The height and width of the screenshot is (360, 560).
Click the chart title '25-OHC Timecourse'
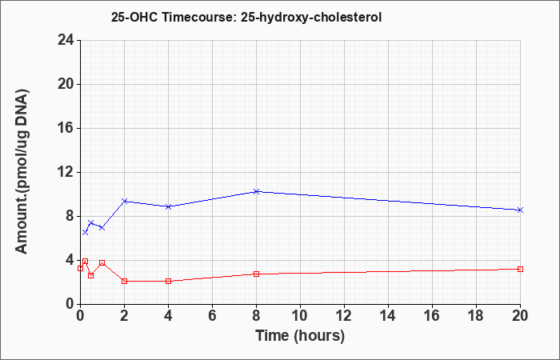click(172, 17)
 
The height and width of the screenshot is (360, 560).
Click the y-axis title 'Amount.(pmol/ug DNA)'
click(22, 171)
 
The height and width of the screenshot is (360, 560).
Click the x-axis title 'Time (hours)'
click(300, 336)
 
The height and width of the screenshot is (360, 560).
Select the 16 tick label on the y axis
click(66, 128)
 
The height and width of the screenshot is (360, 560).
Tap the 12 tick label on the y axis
click(66, 172)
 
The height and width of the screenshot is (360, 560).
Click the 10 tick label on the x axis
click(300, 316)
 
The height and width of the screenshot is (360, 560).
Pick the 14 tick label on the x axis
click(388, 316)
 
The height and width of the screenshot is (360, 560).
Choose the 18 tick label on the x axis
click(476, 316)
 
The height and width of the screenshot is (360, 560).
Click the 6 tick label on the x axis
click(212, 316)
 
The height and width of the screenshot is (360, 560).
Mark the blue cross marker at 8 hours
click(256, 191)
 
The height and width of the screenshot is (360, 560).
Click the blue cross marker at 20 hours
click(520, 210)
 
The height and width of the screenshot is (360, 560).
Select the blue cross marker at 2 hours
click(124, 201)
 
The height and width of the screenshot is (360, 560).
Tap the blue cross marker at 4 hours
click(168, 206)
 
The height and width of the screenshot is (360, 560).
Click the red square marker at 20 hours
click(520, 269)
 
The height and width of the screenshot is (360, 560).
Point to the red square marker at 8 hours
click(256, 274)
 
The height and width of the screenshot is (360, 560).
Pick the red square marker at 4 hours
click(168, 281)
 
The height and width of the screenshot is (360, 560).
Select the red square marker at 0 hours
click(80, 268)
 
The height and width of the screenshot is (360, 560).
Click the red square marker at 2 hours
click(124, 281)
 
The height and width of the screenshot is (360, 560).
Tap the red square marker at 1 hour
click(102, 263)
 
